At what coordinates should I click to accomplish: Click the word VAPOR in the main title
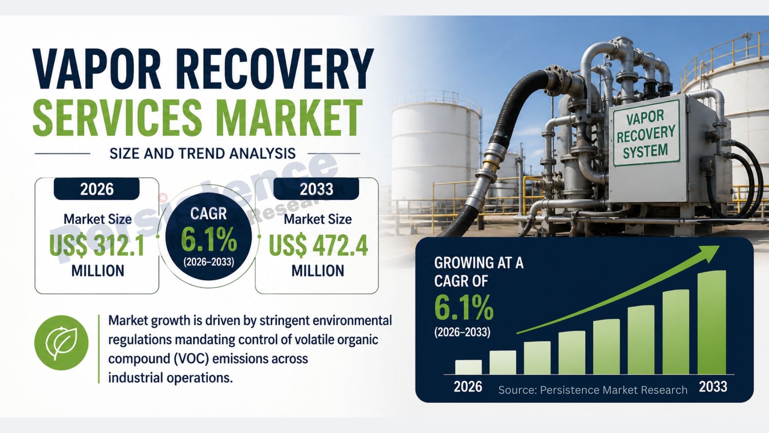coord(97,69)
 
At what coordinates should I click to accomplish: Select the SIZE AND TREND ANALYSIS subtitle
coord(203,154)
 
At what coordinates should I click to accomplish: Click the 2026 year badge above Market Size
coord(97,189)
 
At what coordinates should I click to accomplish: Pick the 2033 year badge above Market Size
coord(316,189)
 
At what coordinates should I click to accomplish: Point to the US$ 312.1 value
coord(97,245)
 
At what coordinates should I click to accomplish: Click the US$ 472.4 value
coord(318,245)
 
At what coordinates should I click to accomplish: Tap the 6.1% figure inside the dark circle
coord(209,240)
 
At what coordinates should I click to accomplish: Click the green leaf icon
coord(61,343)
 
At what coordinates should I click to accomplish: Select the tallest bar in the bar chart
coord(712,322)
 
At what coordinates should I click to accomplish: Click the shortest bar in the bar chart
coord(468,367)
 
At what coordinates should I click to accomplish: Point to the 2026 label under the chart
coord(468,387)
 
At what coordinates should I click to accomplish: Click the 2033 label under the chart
coord(713,387)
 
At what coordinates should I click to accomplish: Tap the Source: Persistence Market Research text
coord(593,390)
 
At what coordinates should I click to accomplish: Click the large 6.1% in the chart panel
coord(464,308)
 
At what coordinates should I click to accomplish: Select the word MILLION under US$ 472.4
coord(318,271)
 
